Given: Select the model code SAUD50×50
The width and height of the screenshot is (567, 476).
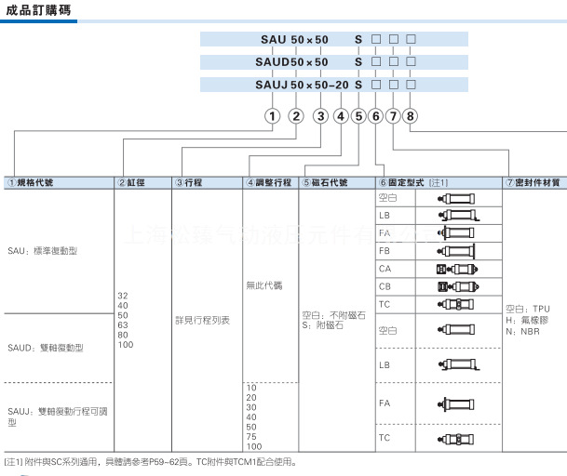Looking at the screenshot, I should [292, 62].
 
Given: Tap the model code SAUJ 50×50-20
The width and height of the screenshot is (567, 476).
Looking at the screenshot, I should [303, 85].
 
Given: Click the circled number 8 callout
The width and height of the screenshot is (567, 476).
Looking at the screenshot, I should [411, 116].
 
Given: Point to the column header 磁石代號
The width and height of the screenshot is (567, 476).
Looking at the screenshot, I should [328, 182].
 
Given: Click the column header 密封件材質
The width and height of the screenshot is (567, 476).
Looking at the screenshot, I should [534, 182].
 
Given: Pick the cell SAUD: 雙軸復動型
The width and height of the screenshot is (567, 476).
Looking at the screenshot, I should [46, 347].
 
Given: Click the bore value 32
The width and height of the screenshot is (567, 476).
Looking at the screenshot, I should [123, 295].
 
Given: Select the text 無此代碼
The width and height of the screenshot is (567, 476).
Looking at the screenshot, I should [263, 284].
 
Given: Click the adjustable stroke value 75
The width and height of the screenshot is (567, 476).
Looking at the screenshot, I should [252, 436].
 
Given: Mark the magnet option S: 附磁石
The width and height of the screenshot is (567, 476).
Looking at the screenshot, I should [323, 326].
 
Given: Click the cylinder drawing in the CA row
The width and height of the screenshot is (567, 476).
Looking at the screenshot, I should [456, 269].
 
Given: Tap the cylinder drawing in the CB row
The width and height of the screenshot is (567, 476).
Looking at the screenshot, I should [456, 286].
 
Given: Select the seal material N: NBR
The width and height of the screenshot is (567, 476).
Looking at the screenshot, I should [522, 330].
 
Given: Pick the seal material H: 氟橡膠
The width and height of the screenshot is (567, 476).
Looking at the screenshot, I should [525, 319].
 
